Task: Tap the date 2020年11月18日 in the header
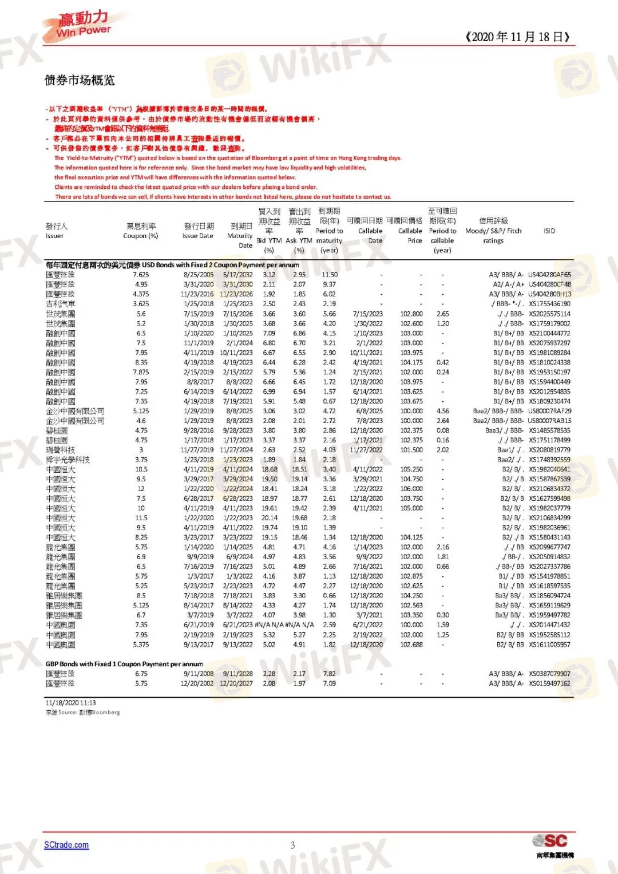coord(518,37)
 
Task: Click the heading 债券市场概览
coord(80,80)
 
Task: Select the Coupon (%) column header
coord(141,231)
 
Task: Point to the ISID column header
coord(549,231)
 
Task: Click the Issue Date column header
coord(198,231)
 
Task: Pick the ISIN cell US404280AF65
coord(549,275)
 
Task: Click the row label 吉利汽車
coord(60,304)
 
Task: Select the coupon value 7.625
coord(141,275)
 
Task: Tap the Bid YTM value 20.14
coord(269,518)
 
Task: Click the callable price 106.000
coord(411,489)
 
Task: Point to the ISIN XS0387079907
coord(549,674)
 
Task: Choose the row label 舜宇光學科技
coord(68,460)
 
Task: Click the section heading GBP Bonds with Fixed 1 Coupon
coord(124,664)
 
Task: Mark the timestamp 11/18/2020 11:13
coord(71,703)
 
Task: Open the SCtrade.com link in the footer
coord(66,845)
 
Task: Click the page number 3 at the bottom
coord(292,845)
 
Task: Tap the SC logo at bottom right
coord(551,841)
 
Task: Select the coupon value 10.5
coord(141,469)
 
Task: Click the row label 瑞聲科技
coord(60,450)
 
